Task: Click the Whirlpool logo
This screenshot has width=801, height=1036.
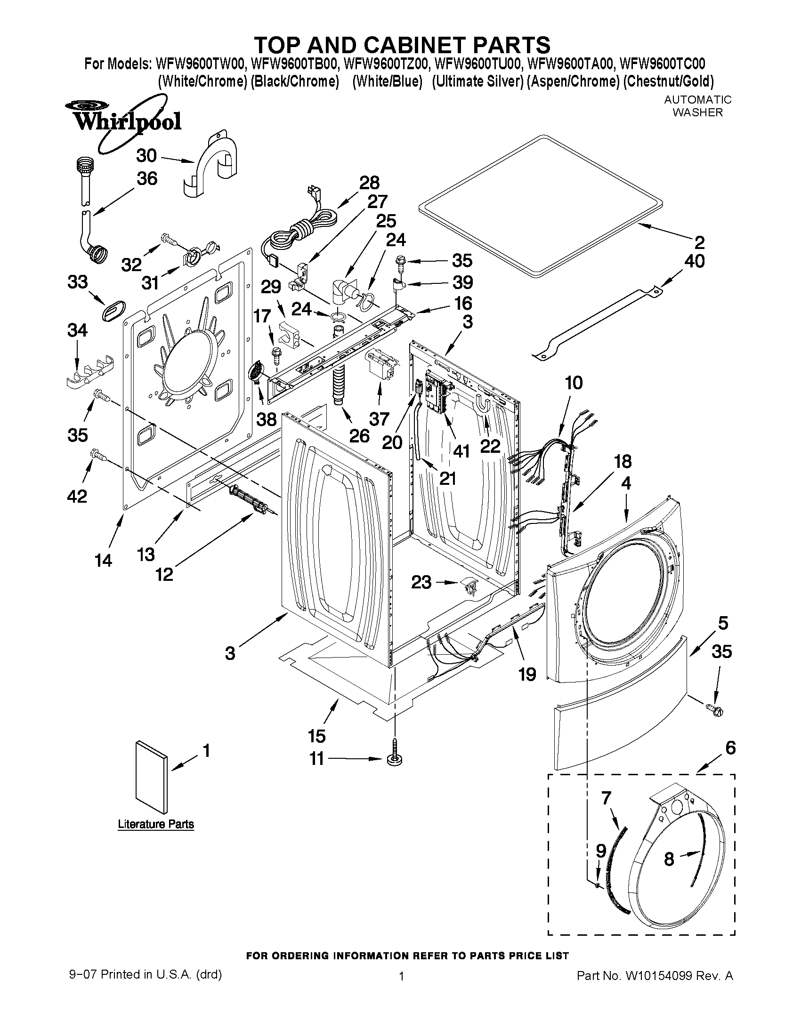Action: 127,121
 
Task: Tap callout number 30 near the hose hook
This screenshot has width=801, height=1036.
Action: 146,156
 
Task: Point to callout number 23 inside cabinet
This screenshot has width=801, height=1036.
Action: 421,582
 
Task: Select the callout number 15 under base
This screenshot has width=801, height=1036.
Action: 316,736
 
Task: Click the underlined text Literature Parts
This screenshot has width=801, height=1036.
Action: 156,824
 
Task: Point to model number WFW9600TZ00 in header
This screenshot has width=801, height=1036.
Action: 386,63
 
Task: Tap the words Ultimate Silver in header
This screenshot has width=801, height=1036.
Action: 478,81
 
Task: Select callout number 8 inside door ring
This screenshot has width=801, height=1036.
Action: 669,859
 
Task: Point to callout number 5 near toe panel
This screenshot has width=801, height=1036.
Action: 722,622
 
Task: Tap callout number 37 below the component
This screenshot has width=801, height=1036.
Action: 379,419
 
